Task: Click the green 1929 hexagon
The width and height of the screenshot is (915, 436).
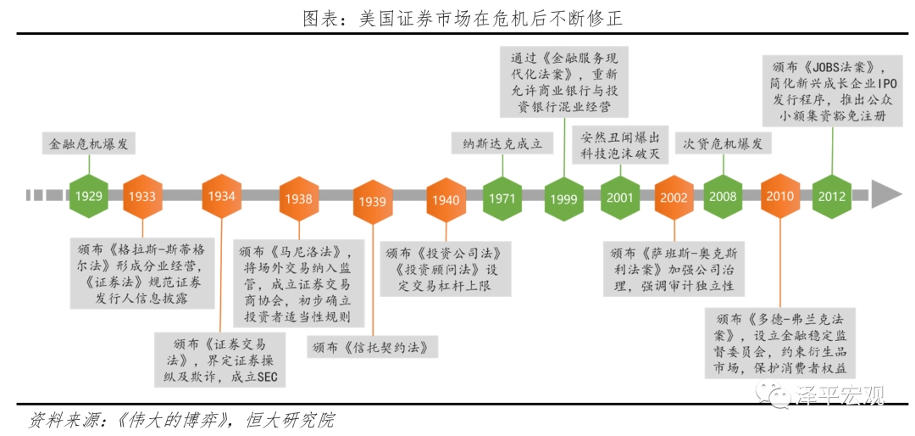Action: [x=89, y=195]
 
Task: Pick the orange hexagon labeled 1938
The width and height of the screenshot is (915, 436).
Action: [x=299, y=198]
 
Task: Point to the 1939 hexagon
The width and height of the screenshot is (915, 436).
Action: [x=372, y=202]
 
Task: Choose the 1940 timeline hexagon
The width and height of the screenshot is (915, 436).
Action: [x=446, y=200]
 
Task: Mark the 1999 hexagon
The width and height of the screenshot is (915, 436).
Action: [x=564, y=199]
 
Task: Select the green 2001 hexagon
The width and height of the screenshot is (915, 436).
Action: [x=619, y=197]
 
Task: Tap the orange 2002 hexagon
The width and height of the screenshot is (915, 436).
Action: [x=674, y=197]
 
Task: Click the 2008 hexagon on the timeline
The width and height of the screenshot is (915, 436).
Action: [x=723, y=197]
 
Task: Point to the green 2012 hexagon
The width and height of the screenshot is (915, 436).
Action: [x=832, y=196]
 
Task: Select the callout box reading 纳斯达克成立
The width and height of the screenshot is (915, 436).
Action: [x=503, y=144]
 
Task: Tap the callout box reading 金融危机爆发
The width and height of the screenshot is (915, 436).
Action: [x=89, y=143]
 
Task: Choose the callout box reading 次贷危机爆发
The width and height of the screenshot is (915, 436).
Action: [x=723, y=143]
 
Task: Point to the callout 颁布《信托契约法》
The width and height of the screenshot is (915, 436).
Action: [x=373, y=348]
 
